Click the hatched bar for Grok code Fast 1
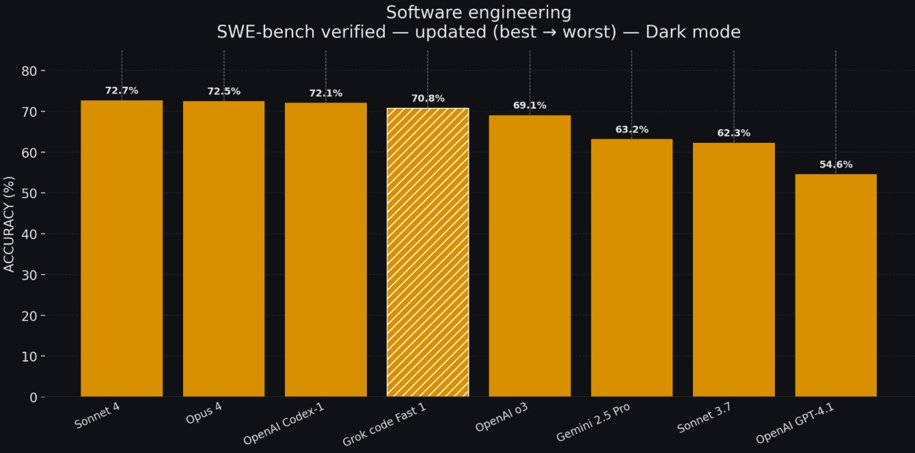[428, 253]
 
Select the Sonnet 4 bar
[122, 249]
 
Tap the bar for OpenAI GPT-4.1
[836, 286]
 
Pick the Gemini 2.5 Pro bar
[631, 268]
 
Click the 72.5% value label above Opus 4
[223, 92]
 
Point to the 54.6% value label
[836, 165]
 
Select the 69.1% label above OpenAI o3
[530, 106]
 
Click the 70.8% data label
[428, 98]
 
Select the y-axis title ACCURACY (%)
[10, 225]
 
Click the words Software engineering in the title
[478, 12]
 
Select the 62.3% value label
[733, 133]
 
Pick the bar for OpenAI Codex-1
[325, 250]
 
